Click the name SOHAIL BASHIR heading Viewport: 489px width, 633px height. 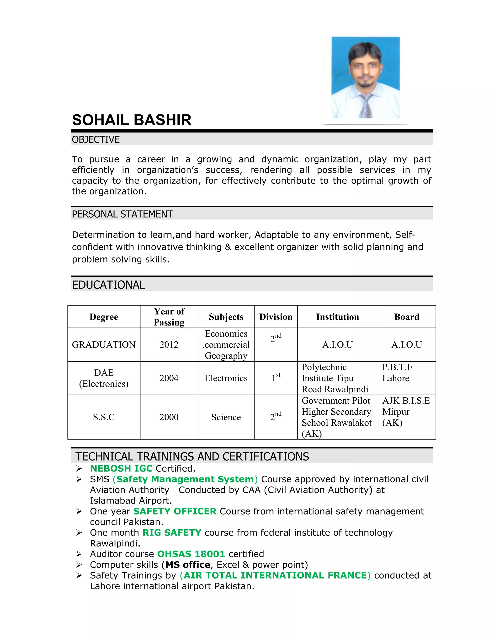pos(132,120)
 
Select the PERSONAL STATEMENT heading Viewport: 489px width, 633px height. pos(122,214)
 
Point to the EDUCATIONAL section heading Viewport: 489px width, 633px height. pos(108,285)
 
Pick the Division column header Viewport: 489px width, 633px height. pos(276,317)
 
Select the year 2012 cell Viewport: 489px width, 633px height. pos(169,345)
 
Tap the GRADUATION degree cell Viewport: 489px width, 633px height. pos(104,345)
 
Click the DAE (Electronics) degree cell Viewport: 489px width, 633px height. pos(104,378)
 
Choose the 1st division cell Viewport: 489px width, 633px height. pos(276,378)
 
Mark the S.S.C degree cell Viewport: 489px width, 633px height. pos(104,417)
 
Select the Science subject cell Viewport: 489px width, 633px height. pos(226,417)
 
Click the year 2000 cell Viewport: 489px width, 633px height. pos(169,417)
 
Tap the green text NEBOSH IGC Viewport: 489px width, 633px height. pos(121,468)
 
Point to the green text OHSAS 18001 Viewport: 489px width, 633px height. pos(191,554)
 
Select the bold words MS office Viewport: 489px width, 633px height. pos(188,565)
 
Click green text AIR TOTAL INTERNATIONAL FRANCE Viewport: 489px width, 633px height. pos(275,575)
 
